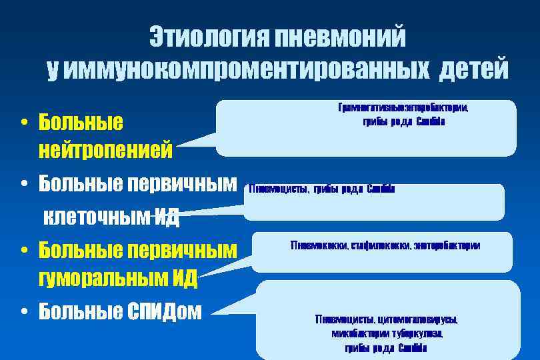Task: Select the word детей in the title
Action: pos(473,69)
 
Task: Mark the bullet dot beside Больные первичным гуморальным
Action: pos(23,251)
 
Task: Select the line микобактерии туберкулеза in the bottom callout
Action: pos(386,333)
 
